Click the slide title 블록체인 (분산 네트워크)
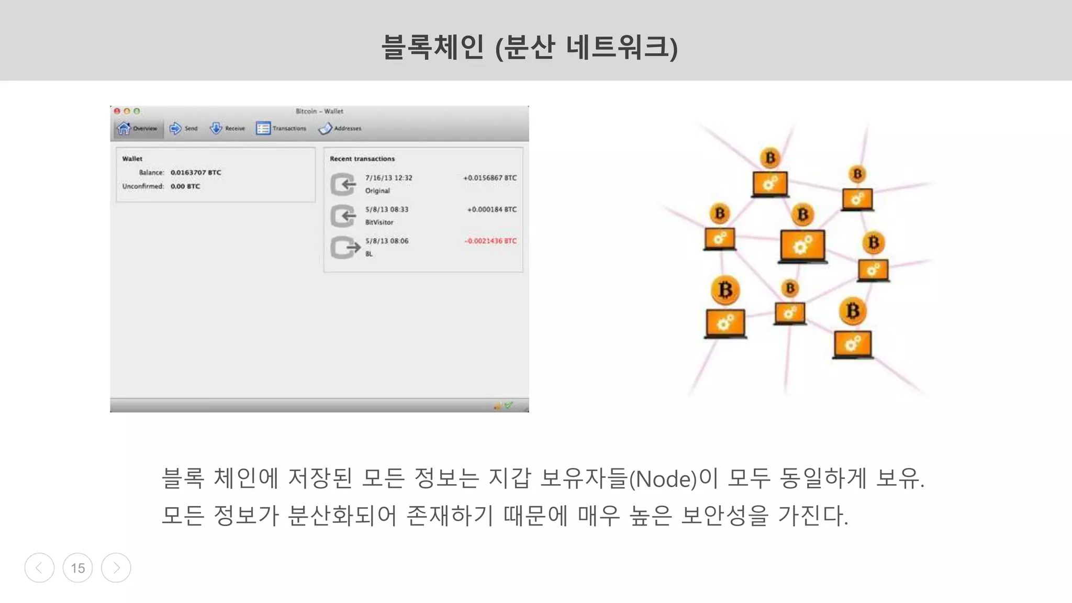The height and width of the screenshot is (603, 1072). (x=529, y=47)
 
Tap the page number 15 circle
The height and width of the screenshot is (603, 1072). (x=77, y=568)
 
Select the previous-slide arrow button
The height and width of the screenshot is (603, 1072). (x=39, y=568)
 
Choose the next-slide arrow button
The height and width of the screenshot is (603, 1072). (x=116, y=568)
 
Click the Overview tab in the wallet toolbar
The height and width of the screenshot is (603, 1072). (x=138, y=128)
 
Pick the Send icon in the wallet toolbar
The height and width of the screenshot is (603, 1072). (x=176, y=128)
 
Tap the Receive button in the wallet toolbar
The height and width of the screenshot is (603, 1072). (x=227, y=128)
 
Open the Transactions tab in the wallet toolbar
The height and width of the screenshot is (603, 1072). (x=281, y=128)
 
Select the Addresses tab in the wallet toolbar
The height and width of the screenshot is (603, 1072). (x=340, y=128)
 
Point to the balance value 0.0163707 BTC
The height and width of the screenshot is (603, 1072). (x=196, y=172)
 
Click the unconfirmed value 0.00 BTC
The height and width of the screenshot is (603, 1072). (x=185, y=186)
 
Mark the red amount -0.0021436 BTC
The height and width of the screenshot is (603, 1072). (x=490, y=241)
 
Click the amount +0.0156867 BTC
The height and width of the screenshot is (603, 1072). (x=490, y=178)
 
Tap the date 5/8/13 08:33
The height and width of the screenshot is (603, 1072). (x=387, y=209)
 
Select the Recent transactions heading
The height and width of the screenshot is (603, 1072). (x=362, y=159)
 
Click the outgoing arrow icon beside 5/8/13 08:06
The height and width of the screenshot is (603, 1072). (x=344, y=248)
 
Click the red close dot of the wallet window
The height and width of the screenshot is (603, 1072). (x=117, y=111)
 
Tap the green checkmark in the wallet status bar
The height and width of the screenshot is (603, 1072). (x=508, y=405)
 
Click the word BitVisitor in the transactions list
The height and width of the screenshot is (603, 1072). (x=379, y=222)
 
